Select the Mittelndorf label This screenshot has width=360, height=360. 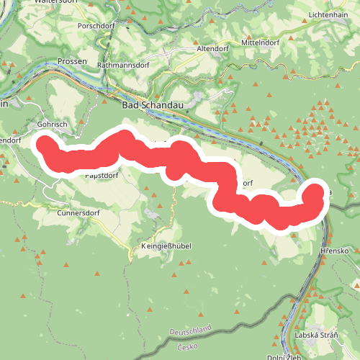click(x=260, y=42)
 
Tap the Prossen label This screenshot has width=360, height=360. click(x=72, y=62)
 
